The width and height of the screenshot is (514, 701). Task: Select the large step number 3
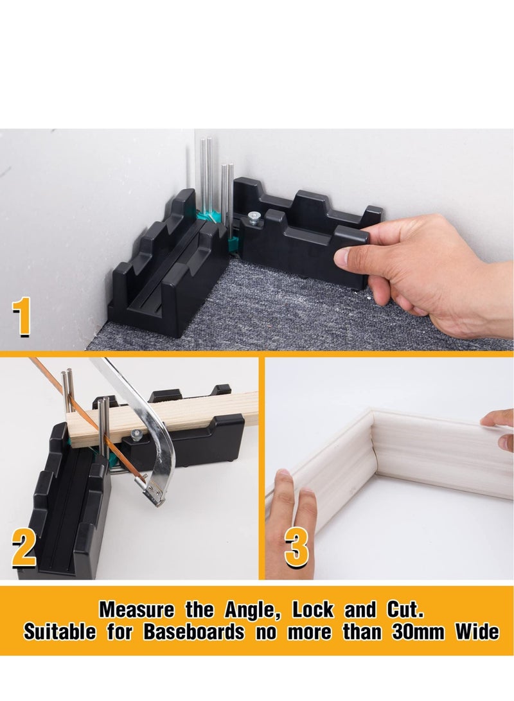pos(297,547)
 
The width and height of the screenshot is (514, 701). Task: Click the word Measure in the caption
pos(137,610)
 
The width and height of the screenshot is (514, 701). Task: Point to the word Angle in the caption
pos(253,610)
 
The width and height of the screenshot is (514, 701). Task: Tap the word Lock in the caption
pos(313,610)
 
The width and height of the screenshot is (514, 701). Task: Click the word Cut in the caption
pos(405,610)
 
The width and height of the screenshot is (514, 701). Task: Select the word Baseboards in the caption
pos(194,632)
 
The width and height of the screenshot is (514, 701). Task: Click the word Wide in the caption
pos(477,632)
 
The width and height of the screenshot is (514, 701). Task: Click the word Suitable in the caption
pos(60,632)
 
